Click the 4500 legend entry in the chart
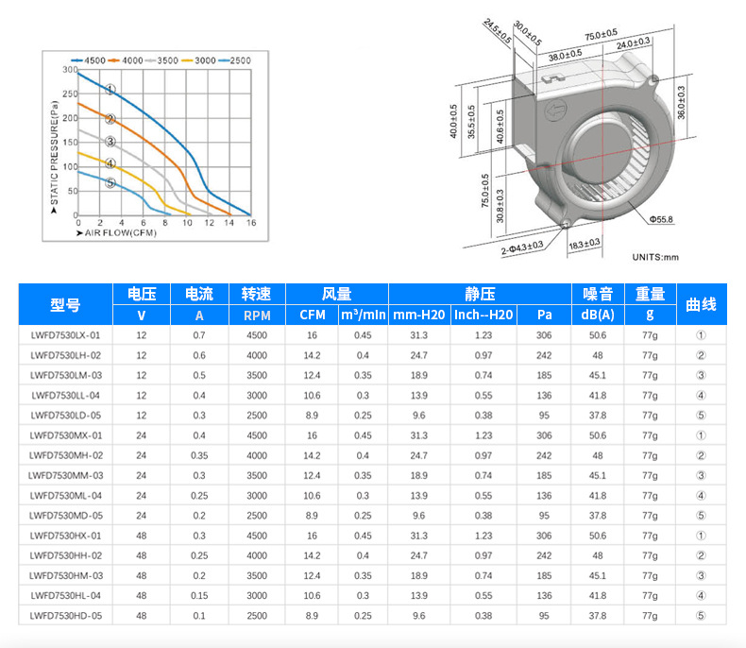click(x=89, y=60)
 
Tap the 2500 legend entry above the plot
click(x=234, y=60)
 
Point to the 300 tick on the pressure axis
click(x=70, y=70)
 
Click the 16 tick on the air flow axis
click(x=251, y=223)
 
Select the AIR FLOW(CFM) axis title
click(x=116, y=232)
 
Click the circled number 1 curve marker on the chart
click(x=110, y=90)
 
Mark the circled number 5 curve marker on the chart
click(x=110, y=182)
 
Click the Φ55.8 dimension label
click(x=661, y=219)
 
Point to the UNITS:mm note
click(x=655, y=257)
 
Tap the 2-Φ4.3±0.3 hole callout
click(x=522, y=247)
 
